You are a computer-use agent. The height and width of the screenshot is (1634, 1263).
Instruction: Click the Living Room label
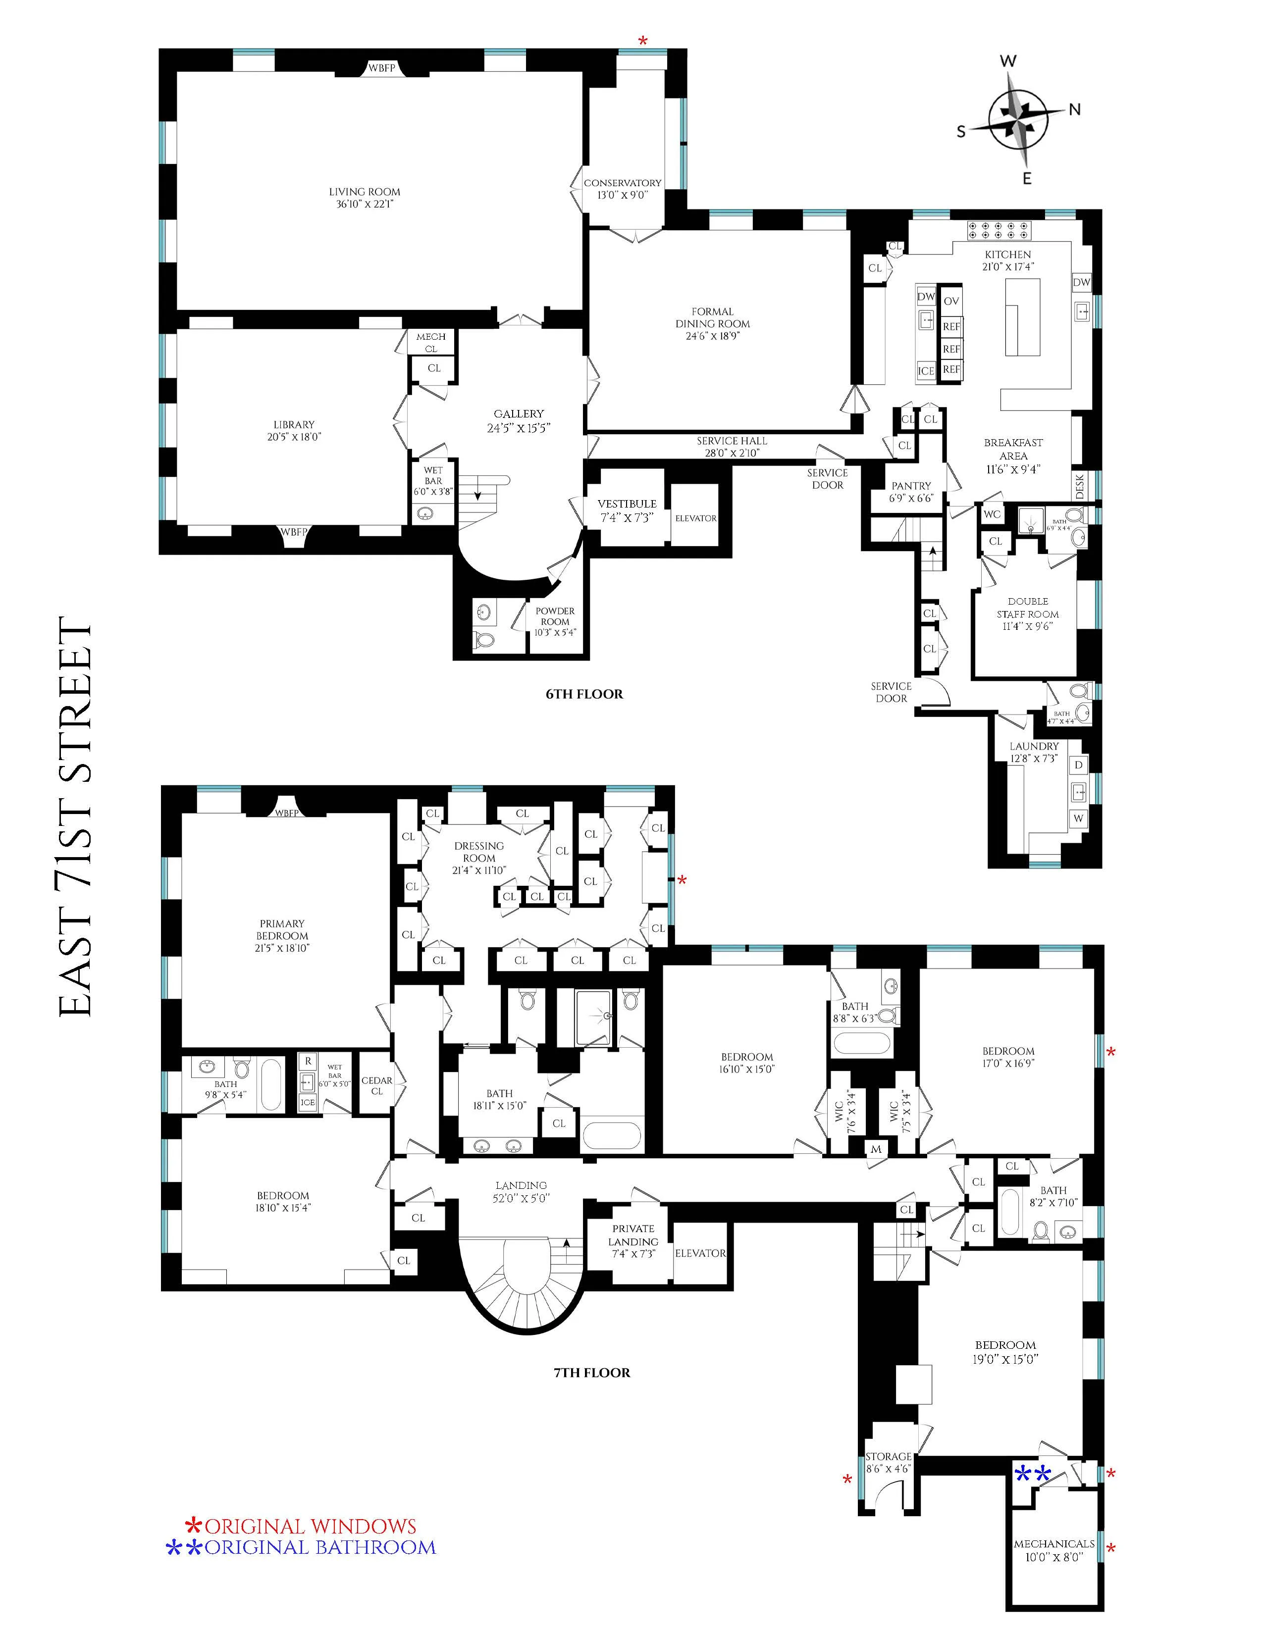pyautogui.click(x=365, y=192)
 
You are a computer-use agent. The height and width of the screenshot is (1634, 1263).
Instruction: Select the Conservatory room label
pyautogui.click(x=623, y=183)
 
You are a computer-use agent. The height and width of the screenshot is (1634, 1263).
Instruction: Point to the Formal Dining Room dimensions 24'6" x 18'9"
pyautogui.click(x=712, y=336)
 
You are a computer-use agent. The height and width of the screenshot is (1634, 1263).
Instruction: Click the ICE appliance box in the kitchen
pyautogui.click(x=926, y=370)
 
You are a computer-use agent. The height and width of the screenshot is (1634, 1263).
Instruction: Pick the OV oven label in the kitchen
pyautogui.click(x=951, y=301)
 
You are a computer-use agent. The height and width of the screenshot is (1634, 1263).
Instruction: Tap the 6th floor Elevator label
pyautogui.click(x=695, y=518)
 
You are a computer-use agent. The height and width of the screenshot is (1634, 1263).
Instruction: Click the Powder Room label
pyautogui.click(x=554, y=616)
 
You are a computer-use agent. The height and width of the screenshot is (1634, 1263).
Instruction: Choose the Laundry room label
pyautogui.click(x=1034, y=746)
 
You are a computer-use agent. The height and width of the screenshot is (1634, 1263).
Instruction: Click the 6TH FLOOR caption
pyautogui.click(x=583, y=694)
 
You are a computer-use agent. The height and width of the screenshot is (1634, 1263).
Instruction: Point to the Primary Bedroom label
pyautogui.click(x=282, y=929)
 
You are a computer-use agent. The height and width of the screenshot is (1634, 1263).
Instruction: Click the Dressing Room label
pyautogui.click(x=479, y=852)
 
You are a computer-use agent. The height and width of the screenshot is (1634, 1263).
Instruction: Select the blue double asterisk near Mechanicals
pyautogui.click(x=1033, y=1475)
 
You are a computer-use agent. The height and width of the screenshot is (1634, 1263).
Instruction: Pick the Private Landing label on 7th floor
pyautogui.click(x=633, y=1240)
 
